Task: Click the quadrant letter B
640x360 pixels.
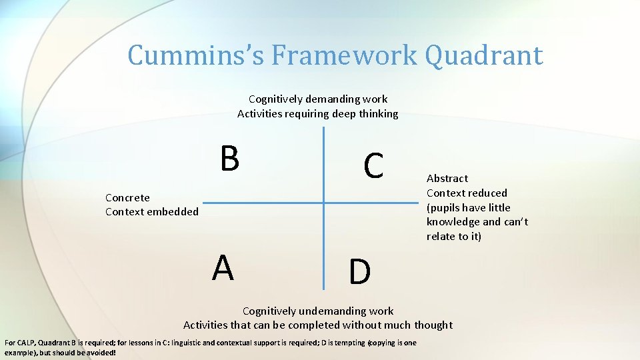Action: click(x=229, y=159)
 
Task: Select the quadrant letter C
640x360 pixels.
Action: click(x=373, y=166)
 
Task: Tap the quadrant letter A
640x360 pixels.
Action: click(x=223, y=268)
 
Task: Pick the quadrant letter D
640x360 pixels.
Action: click(x=359, y=272)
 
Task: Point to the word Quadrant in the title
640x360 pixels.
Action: click(x=483, y=55)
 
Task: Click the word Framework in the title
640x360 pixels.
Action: click(x=344, y=55)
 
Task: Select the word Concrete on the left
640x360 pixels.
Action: click(x=127, y=197)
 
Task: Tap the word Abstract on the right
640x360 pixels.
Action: click(x=447, y=178)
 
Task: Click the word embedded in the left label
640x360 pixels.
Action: click(x=175, y=212)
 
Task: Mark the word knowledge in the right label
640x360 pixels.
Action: click(x=453, y=222)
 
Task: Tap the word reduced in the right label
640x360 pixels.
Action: click(x=486, y=193)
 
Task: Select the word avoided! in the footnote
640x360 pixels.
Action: click(x=99, y=352)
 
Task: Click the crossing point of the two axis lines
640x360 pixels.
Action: click(x=324, y=203)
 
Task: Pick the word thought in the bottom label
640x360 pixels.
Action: click(x=433, y=325)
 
